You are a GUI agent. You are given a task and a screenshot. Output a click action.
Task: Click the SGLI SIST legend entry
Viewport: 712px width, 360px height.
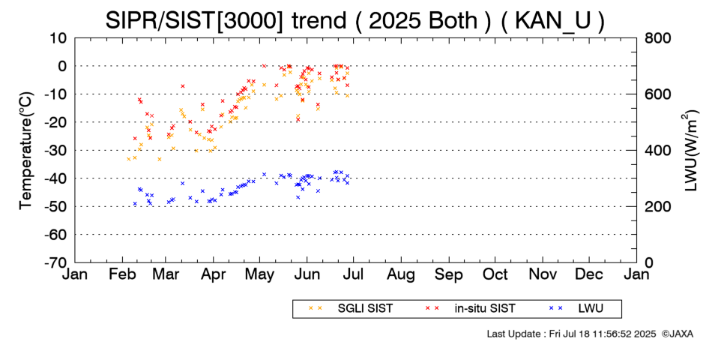tap(355, 308)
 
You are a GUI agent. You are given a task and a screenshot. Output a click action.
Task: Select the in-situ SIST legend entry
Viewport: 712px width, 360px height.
tap(483, 308)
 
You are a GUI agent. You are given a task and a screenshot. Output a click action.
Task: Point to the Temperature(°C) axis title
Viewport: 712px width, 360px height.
tap(26, 150)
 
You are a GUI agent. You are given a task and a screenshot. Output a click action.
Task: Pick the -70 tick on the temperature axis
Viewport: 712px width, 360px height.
tap(57, 263)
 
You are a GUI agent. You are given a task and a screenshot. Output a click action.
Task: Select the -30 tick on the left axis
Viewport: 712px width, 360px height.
tap(57, 150)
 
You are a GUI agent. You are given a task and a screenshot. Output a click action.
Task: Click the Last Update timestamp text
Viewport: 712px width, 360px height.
tap(570, 334)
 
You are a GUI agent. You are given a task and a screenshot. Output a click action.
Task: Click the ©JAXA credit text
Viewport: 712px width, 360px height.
tap(678, 334)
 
